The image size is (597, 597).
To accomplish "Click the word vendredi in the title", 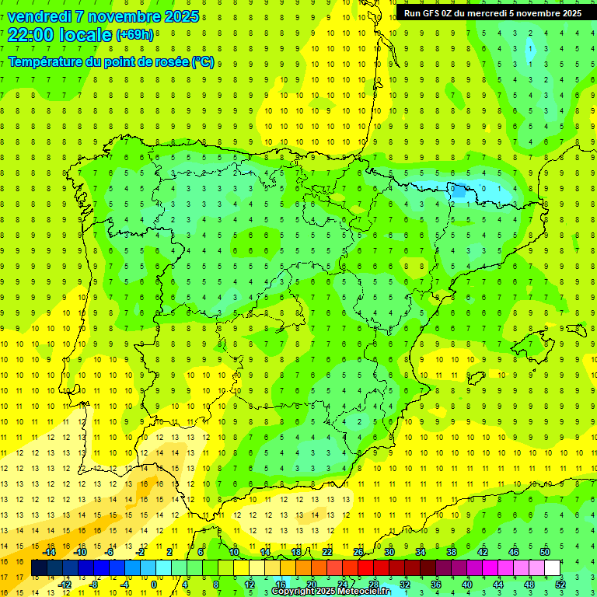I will pyautogui.click(x=39, y=16).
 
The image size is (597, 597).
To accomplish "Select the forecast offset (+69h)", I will pyautogui.click(x=135, y=35).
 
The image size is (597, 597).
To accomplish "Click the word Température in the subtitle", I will pyautogui.click(x=45, y=61).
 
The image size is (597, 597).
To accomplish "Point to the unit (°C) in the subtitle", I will pyautogui.click(x=203, y=61).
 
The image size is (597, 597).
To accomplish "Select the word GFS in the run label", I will pyautogui.click(x=434, y=13).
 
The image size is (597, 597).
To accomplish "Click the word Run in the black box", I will pyautogui.click(x=413, y=13).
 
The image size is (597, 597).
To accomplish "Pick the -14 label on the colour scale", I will pyautogui.click(x=49, y=552).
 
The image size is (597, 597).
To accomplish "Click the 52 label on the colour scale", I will pyautogui.click(x=560, y=585).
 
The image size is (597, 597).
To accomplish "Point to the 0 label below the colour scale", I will pyautogui.click(x=155, y=585).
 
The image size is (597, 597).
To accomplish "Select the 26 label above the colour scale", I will pyautogui.click(x=358, y=552).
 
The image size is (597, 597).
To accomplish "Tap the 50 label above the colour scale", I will pyautogui.click(x=545, y=552).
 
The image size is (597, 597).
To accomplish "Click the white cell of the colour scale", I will pyautogui.click(x=552, y=568).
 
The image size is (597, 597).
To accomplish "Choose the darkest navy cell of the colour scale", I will pyautogui.click(x=39, y=568).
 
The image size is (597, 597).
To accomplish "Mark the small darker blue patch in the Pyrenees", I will pyautogui.click(x=459, y=189).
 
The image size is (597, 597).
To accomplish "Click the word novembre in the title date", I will pyautogui.click(x=128, y=16).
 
